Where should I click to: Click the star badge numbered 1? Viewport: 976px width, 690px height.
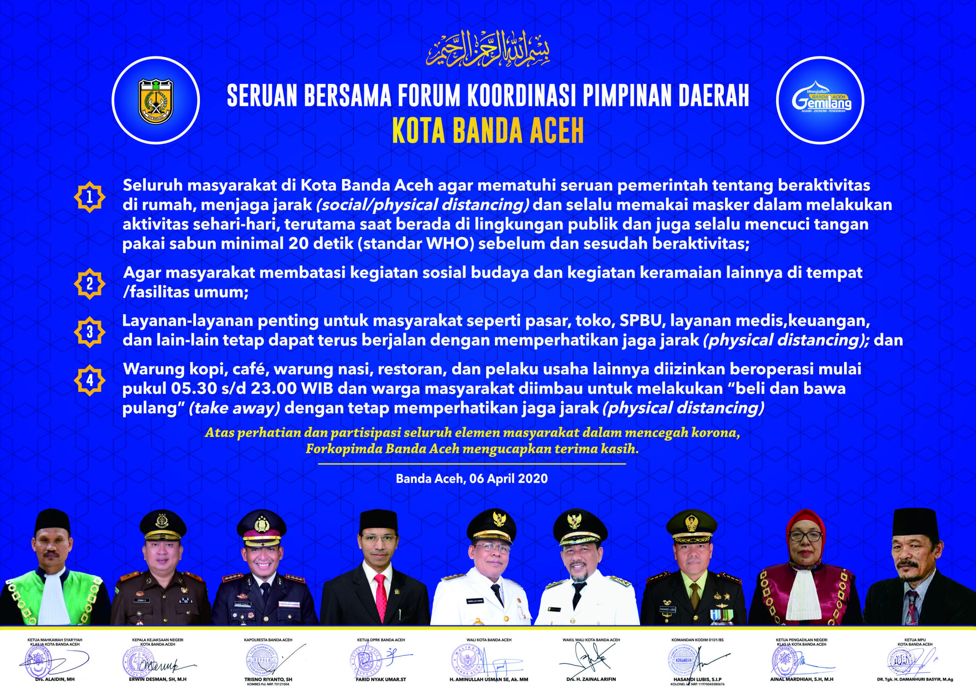(x=89, y=197)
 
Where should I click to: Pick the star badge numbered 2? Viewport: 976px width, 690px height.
(x=89, y=283)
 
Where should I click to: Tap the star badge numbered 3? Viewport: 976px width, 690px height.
(x=89, y=332)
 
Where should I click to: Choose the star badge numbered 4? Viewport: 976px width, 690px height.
(x=89, y=380)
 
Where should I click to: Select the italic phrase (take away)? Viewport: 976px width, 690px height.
(x=234, y=408)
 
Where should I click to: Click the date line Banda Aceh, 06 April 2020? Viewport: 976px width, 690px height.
(x=472, y=479)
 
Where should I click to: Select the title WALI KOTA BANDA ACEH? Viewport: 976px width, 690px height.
(x=488, y=640)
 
